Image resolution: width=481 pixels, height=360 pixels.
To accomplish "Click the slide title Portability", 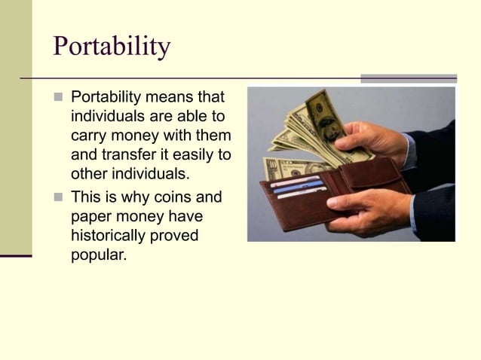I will [x=112, y=47].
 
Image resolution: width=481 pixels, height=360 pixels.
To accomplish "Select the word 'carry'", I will [x=90, y=136].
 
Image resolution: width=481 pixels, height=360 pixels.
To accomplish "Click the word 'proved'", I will [x=177, y=236].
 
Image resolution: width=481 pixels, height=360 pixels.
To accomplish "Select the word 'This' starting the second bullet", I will [x=85, y=198].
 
